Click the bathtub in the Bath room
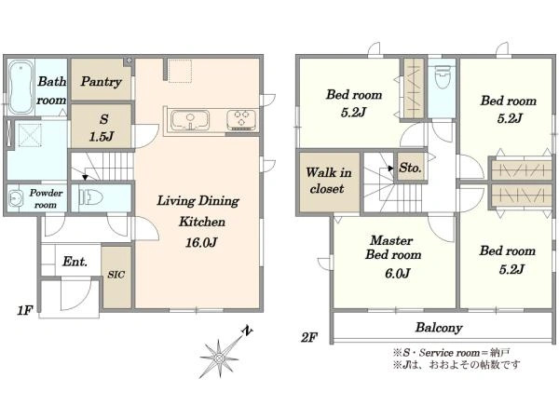click(x=21, y=87)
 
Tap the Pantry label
click(x=101, y=82)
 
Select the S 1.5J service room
click(x=102, y=127)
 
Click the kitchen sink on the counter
click(x=190, y=120)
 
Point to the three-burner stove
click(x=241, y=120)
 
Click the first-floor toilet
click(x=91, y=197)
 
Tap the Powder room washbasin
click(x=15, y=198)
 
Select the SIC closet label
click(x=116, y=275)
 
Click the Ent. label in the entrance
click(x=75, y=262)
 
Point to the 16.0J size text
click(x=201, y=243)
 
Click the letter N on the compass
click(x=246, y=331)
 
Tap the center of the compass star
click(x=219, y=358)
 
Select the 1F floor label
click(x=25, y=311)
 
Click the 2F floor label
click(x=309, y=337)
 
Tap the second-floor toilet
click(x=442, y=78)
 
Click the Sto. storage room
click(x=410, y=168)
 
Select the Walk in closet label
click(x=328, y=181)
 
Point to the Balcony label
click(x=439, y=328)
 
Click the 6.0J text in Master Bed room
click(x=397, y=274)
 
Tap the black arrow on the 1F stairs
click(x=85, y=177)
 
